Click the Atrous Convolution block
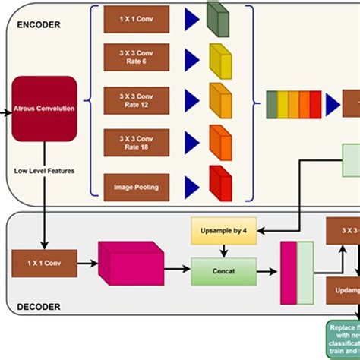44,108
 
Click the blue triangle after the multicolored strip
333,105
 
